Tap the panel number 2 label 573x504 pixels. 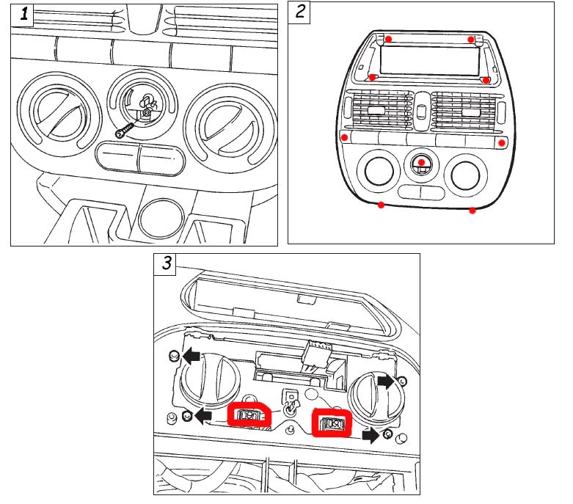(x=301, y=12)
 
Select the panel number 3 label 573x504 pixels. (x=167, y=263)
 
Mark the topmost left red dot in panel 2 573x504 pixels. (x=389, y=39)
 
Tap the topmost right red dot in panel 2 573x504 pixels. (x=471, y=39)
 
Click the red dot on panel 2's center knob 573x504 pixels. (x=421, y=162)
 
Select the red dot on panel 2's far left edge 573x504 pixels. (x=345, y=137)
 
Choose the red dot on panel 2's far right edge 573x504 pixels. (x=502, y=142)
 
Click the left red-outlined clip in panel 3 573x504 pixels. (x=249, y=416)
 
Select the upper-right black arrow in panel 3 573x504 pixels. (x=384, y=381)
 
